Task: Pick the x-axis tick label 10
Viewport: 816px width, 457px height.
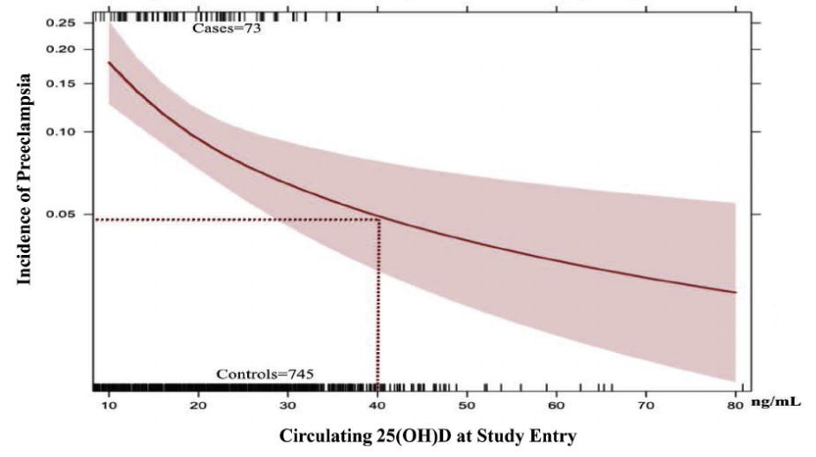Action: (x=108, y=405)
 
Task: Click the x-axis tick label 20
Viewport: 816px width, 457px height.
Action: (x=198, y=405)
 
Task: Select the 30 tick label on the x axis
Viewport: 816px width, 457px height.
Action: (x=288, y=405)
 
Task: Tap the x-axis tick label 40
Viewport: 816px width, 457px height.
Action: (x=377, y=405)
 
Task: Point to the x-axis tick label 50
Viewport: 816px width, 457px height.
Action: (x=467, y=405)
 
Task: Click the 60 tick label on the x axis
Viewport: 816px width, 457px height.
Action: (x=556, y=405)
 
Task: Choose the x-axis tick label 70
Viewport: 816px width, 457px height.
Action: (x=646, y=405)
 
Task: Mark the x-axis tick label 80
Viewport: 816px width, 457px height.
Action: (x=735, y=405)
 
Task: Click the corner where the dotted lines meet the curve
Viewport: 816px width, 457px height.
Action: (x=379, y=219)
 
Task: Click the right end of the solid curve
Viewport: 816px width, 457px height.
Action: (x=736, y=292)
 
